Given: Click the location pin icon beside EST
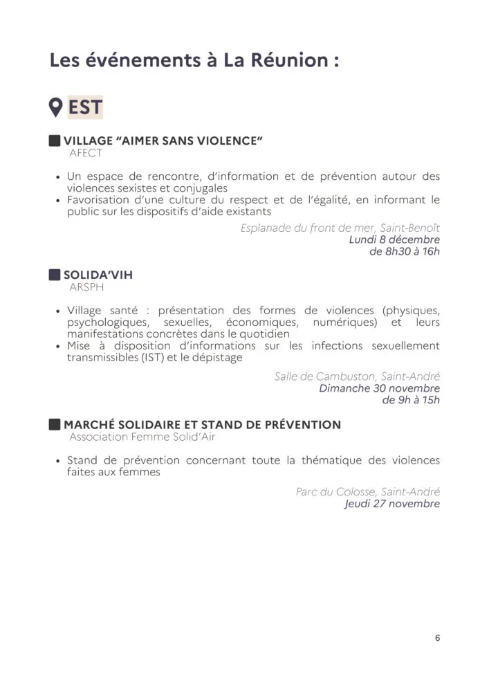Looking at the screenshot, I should click(x=56, y=107).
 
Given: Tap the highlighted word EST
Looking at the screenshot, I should click(x=85, y=107).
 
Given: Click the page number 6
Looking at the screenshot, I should click(x=437, y=639).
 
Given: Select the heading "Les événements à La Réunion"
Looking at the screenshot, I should click(x=194, y=60).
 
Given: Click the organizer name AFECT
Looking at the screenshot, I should click(x=86, y=153).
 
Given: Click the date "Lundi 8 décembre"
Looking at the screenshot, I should click(x=394, y=239).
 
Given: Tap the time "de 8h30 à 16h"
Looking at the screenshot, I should click(x=405, y=251).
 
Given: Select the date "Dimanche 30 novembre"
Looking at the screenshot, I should click(x=379, y=388).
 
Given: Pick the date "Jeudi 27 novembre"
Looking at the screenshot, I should click(x=392, y=504).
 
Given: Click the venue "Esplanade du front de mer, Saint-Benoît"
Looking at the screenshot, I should click(x=340, y=228).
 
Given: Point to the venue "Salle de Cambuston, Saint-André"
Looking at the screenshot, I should click(x=357, y=376).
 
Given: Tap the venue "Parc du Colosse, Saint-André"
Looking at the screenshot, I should click(x=367, y=492).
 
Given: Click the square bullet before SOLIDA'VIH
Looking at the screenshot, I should click(x=55, y=275).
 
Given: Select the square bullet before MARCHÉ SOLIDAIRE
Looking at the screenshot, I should click(x=55, y=424).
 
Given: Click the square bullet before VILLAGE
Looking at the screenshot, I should click(x=55, y=141).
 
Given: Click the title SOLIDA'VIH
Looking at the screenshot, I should click(x=98, y=275).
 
